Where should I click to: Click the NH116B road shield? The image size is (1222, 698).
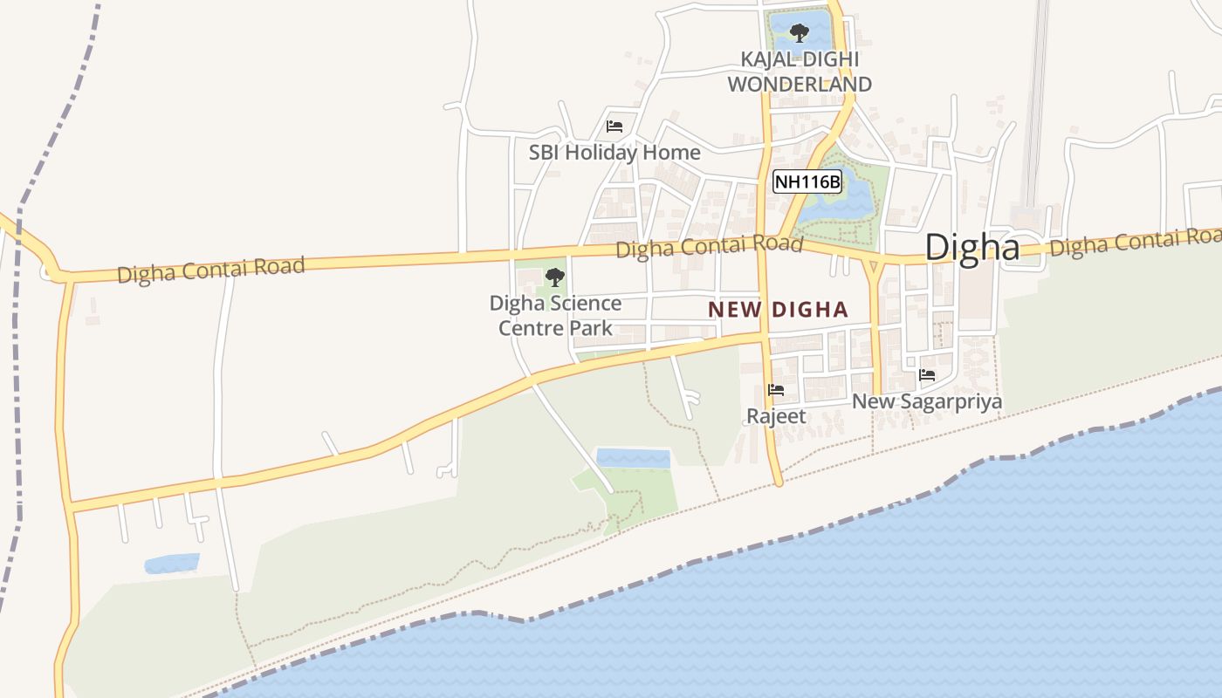807,181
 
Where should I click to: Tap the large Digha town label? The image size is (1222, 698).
971,247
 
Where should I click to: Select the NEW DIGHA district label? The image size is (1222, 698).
778,309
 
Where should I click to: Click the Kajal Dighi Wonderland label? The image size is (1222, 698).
800,72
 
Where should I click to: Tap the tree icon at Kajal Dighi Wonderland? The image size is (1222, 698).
798,33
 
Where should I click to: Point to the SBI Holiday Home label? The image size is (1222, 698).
614,152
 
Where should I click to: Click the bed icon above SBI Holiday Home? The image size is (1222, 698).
614,126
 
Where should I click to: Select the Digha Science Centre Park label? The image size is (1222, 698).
555,315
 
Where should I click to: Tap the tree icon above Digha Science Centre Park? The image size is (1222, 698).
554,277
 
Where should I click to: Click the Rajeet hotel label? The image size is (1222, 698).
776,416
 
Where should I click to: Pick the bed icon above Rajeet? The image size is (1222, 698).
776,390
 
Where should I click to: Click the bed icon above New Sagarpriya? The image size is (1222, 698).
927,375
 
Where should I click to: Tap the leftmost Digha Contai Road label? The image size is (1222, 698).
210,270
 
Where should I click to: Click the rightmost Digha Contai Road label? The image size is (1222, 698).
1134,243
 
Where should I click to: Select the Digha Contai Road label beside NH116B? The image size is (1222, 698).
709,247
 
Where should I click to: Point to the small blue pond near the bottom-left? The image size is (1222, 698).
171,564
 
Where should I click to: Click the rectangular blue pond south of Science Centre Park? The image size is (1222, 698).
633,458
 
